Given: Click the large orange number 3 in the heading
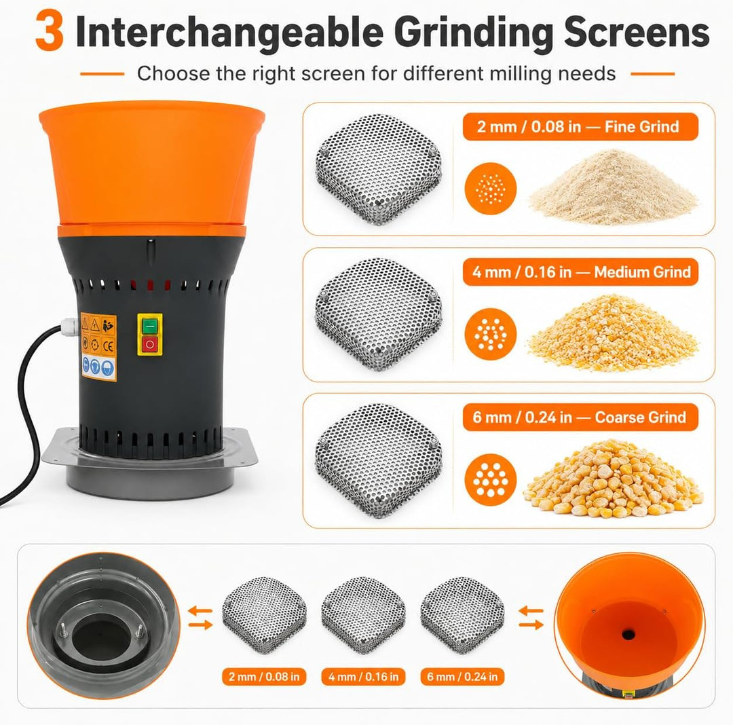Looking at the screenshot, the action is point(49,31).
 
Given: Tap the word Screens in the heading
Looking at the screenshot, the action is point(637,32).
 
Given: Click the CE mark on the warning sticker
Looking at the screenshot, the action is point(108,346).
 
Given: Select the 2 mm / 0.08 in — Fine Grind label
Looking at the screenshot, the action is point(580,126).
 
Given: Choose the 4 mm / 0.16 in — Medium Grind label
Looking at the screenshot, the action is point(580,272).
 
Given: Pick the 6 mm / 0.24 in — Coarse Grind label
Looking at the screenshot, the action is point(580,417).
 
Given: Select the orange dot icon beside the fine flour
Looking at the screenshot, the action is point(491,189).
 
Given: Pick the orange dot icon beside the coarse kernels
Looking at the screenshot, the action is point(491,479).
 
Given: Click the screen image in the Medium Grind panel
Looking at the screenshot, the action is point(378,314).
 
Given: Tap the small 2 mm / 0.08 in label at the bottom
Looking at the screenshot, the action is point(264,676).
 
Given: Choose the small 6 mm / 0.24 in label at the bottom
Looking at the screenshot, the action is point(462,676).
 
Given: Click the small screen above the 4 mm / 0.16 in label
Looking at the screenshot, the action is point(363,615).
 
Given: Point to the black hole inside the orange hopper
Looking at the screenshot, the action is point(628,634).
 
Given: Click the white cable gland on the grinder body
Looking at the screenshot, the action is point(70,327).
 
